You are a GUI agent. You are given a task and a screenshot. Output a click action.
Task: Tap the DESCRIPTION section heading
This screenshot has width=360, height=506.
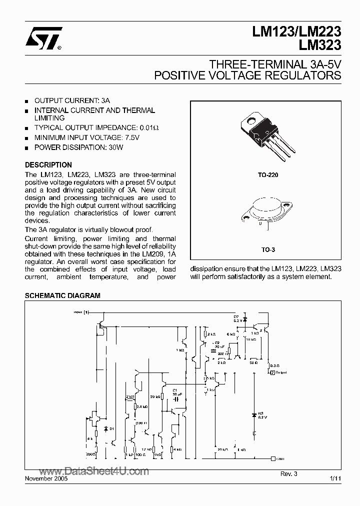[48, 164]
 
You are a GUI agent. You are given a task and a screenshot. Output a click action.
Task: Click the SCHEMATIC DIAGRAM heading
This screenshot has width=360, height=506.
[62, 295]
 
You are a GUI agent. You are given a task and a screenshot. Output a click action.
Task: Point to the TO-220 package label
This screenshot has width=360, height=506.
[266, 175]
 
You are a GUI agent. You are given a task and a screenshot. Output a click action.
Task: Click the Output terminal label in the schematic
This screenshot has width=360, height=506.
[280, 372]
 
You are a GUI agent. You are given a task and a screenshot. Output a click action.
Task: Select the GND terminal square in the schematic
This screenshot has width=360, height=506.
[272, 458]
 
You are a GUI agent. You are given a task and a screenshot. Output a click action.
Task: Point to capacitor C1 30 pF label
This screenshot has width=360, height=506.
[175, 392]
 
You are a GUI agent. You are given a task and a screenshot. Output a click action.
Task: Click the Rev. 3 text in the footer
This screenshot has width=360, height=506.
[288, 473]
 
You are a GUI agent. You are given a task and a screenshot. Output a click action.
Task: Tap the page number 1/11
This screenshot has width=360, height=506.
[335, 478]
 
